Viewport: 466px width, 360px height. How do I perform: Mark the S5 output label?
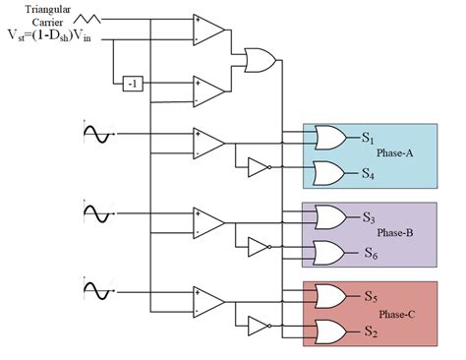(370, 296)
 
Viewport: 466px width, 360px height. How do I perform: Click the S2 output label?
(370, 332)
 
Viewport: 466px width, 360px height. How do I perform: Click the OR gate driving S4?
(326, 173)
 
